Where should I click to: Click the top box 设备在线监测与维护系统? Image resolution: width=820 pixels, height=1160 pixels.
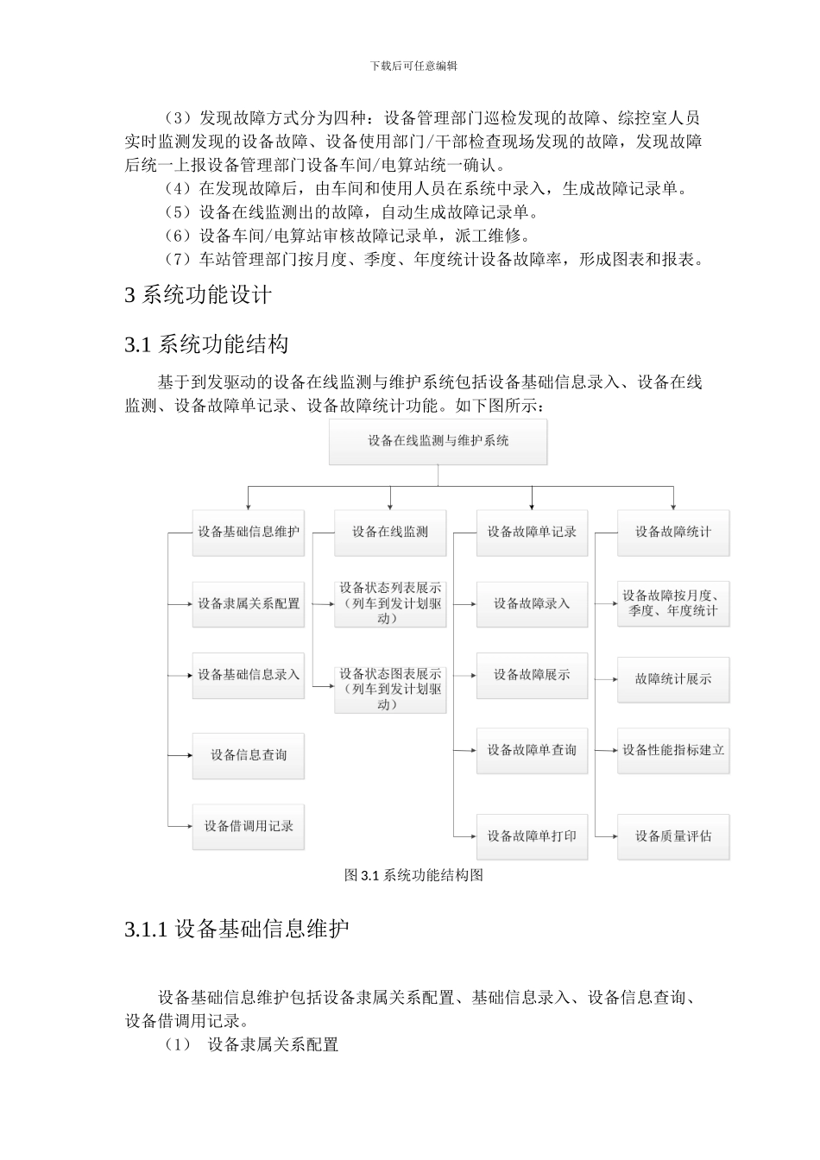pyautogui.click(x=438, y=441)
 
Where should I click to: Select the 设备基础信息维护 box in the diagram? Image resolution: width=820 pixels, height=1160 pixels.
pyautogui.click(x=248, y=532)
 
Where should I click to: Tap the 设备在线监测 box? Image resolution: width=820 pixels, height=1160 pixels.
pyautogui.click(x=390, y=532)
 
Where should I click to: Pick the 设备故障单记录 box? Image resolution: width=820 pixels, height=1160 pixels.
pyautogui.click(x=532, y=532)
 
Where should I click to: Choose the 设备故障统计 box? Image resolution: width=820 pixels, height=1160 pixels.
pyautogui.click(x=673, y=532)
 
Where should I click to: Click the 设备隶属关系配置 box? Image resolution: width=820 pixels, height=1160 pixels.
pyautogui.click(x=248, y=603)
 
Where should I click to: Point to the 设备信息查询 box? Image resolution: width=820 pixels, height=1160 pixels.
pyautogui.click(x=248, y=755)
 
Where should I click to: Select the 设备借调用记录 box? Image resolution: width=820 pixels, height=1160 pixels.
pyautogui.click(x=248, y=826)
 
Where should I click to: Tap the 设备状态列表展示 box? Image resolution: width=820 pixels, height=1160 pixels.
pyautogui.click(x=390, y=603)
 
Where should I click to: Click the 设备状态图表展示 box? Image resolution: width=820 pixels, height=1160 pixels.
pyautogui.click(x=390, y=689)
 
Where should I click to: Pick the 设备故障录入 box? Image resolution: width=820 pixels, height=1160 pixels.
pyautogui.click(x=532, y=603)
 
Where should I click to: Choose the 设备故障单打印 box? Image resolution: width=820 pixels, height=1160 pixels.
pyautogui.click(x=532, y=835)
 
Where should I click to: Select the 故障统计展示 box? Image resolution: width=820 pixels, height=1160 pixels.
pyautogui.click(x=673, y=679)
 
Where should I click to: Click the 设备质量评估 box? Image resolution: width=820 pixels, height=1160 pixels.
pyautogui.click(x=673, y=835)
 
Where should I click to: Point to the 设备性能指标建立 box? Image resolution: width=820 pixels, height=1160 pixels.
pyautogui.click(x=673, y=750)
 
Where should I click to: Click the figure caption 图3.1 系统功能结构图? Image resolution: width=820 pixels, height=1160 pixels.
pyautogui.click(x=413, y=875)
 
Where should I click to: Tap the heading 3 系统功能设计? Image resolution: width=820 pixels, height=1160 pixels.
pyautogui.click(x=199, y=295)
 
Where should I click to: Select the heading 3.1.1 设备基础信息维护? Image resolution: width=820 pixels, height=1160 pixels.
pyautogui.click(x=237, y=930)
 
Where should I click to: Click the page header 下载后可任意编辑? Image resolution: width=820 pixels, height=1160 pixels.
pyautogui.click(x=413, y=66)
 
